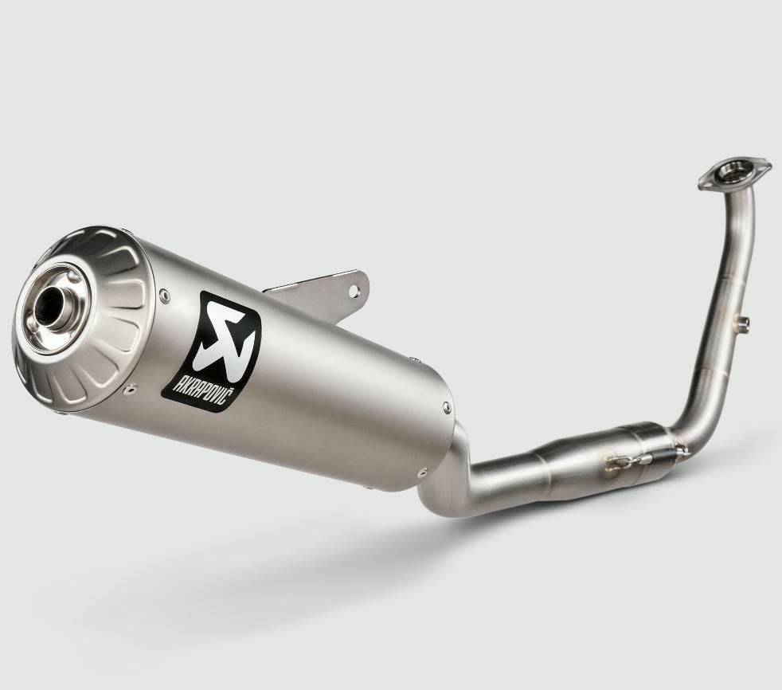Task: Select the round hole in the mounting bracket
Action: [354, 291]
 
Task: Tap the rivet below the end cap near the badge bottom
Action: [131, 388]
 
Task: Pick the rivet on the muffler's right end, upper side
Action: [447, 408]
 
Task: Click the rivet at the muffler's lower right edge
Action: [422, 472]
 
